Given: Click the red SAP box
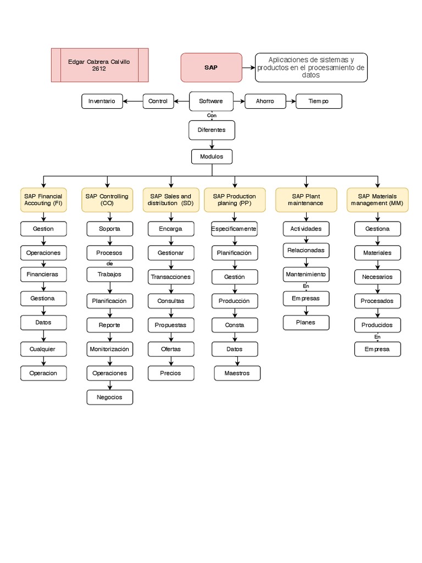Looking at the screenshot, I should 211,67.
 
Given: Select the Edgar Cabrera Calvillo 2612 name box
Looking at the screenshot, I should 99,65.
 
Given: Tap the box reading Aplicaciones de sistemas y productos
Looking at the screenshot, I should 311,68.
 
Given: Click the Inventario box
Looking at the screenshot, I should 102,101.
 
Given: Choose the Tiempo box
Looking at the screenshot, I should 318,101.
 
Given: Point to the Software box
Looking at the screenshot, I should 211,101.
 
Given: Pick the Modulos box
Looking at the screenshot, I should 212,157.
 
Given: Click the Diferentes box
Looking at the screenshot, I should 212,130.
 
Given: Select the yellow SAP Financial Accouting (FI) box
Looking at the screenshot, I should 43,200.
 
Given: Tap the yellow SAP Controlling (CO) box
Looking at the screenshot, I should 107,200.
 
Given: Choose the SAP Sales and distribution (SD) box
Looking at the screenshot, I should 171,200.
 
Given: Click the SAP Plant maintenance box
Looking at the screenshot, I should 306,200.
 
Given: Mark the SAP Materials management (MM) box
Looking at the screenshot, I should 377,200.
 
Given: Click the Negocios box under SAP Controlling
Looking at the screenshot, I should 109,397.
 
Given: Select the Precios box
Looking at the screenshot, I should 170,373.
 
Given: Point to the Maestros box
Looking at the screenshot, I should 237,373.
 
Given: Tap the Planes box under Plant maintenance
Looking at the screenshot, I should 306,323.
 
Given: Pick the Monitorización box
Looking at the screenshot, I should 109,349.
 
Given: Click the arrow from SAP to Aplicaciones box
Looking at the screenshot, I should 248,68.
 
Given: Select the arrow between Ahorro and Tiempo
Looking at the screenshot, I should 291,101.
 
